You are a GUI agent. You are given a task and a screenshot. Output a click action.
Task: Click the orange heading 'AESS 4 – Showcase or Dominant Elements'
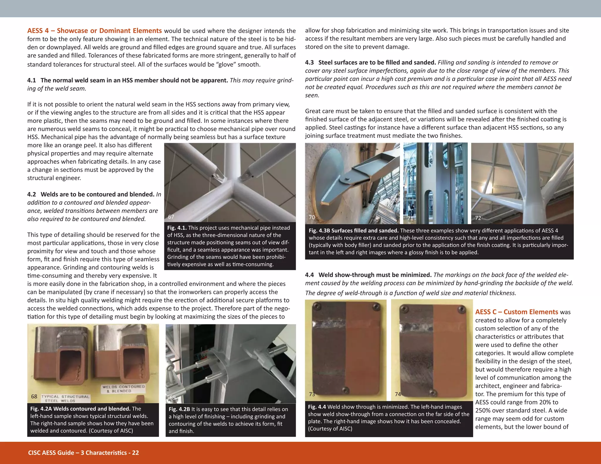[x=94, y=31]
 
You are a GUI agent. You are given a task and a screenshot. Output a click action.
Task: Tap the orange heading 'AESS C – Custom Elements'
[x=516, y=312]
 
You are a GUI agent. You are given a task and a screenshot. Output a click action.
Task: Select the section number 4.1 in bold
[x=32, y=80]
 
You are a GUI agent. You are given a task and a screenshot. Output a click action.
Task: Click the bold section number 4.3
[x=309, y=62]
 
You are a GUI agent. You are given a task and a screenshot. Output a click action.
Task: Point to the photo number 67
[x=171, y=217]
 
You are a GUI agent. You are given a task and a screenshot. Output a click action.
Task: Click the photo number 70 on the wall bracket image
[x=312, y=217]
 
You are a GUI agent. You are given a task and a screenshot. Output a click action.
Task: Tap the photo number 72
[x=478, y=218]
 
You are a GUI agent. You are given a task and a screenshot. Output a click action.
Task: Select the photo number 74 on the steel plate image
[x=398, y=394]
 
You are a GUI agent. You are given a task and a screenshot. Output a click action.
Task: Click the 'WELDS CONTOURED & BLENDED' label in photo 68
[x=123, y=389]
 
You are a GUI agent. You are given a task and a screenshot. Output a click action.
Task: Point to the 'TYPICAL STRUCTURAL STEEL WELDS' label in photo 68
[x=65, y=398]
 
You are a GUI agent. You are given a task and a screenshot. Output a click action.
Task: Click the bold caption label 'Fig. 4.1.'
[x=177, y=228]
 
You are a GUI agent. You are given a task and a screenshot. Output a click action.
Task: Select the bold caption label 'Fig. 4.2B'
[x=179, y=409]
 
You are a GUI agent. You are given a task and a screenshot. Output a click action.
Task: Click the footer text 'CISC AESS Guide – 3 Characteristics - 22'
[x=83, y=453]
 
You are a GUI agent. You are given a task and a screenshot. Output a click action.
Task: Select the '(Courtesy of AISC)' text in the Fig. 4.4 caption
[x=330, y=429]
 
